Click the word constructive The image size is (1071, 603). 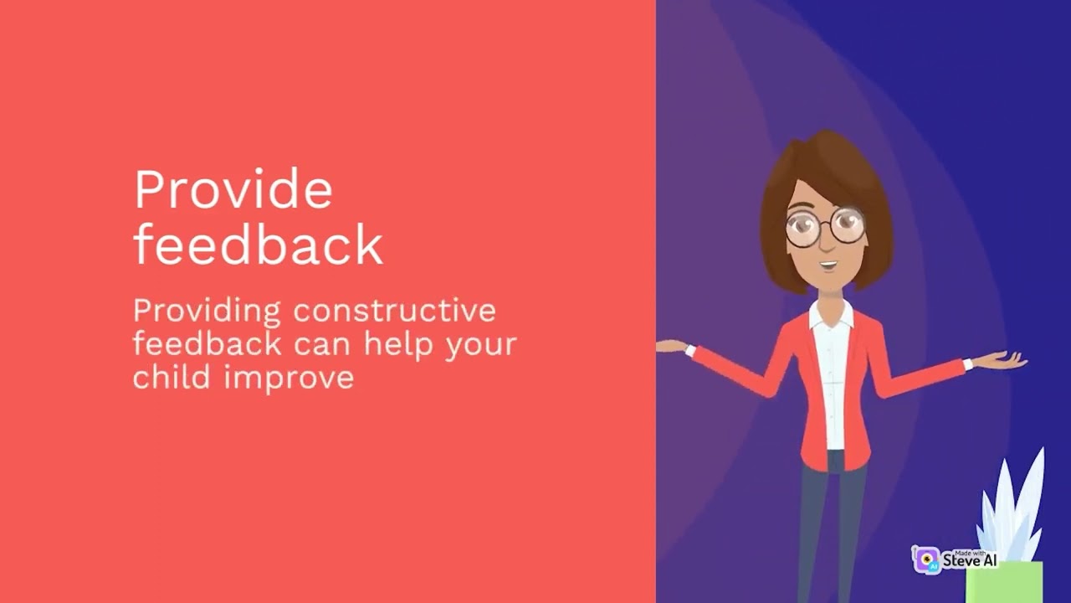point(394,310)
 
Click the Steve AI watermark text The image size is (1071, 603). point(970,559)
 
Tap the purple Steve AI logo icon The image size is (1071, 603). point(926,559)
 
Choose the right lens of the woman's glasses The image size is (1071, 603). point(847,225)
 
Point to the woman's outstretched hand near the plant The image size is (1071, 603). point(999,360)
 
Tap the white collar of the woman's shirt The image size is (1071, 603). point(831,317)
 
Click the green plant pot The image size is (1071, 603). point(1004,582)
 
